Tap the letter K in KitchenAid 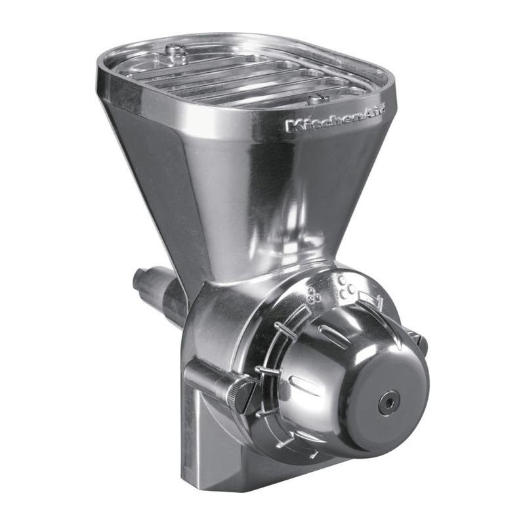290,125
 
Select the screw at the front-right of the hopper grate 320,98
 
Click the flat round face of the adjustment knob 387,400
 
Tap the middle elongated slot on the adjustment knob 306,380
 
